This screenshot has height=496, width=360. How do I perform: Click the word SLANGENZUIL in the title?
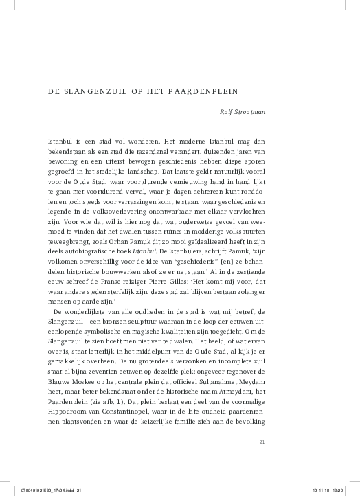click(93, 91)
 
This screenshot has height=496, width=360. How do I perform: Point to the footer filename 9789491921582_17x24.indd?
click(44, 490)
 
